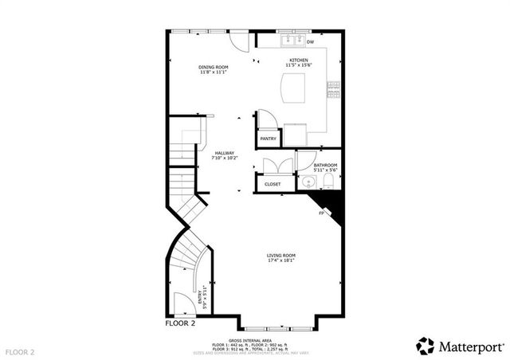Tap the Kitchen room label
pos(299,60)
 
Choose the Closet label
pos(273,184)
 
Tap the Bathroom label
pos(325,165)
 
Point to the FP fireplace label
pos(321,213)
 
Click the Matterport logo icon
pos(426,346)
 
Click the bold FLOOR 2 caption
pos(180,323)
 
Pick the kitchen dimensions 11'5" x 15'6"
pos(299,65)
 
